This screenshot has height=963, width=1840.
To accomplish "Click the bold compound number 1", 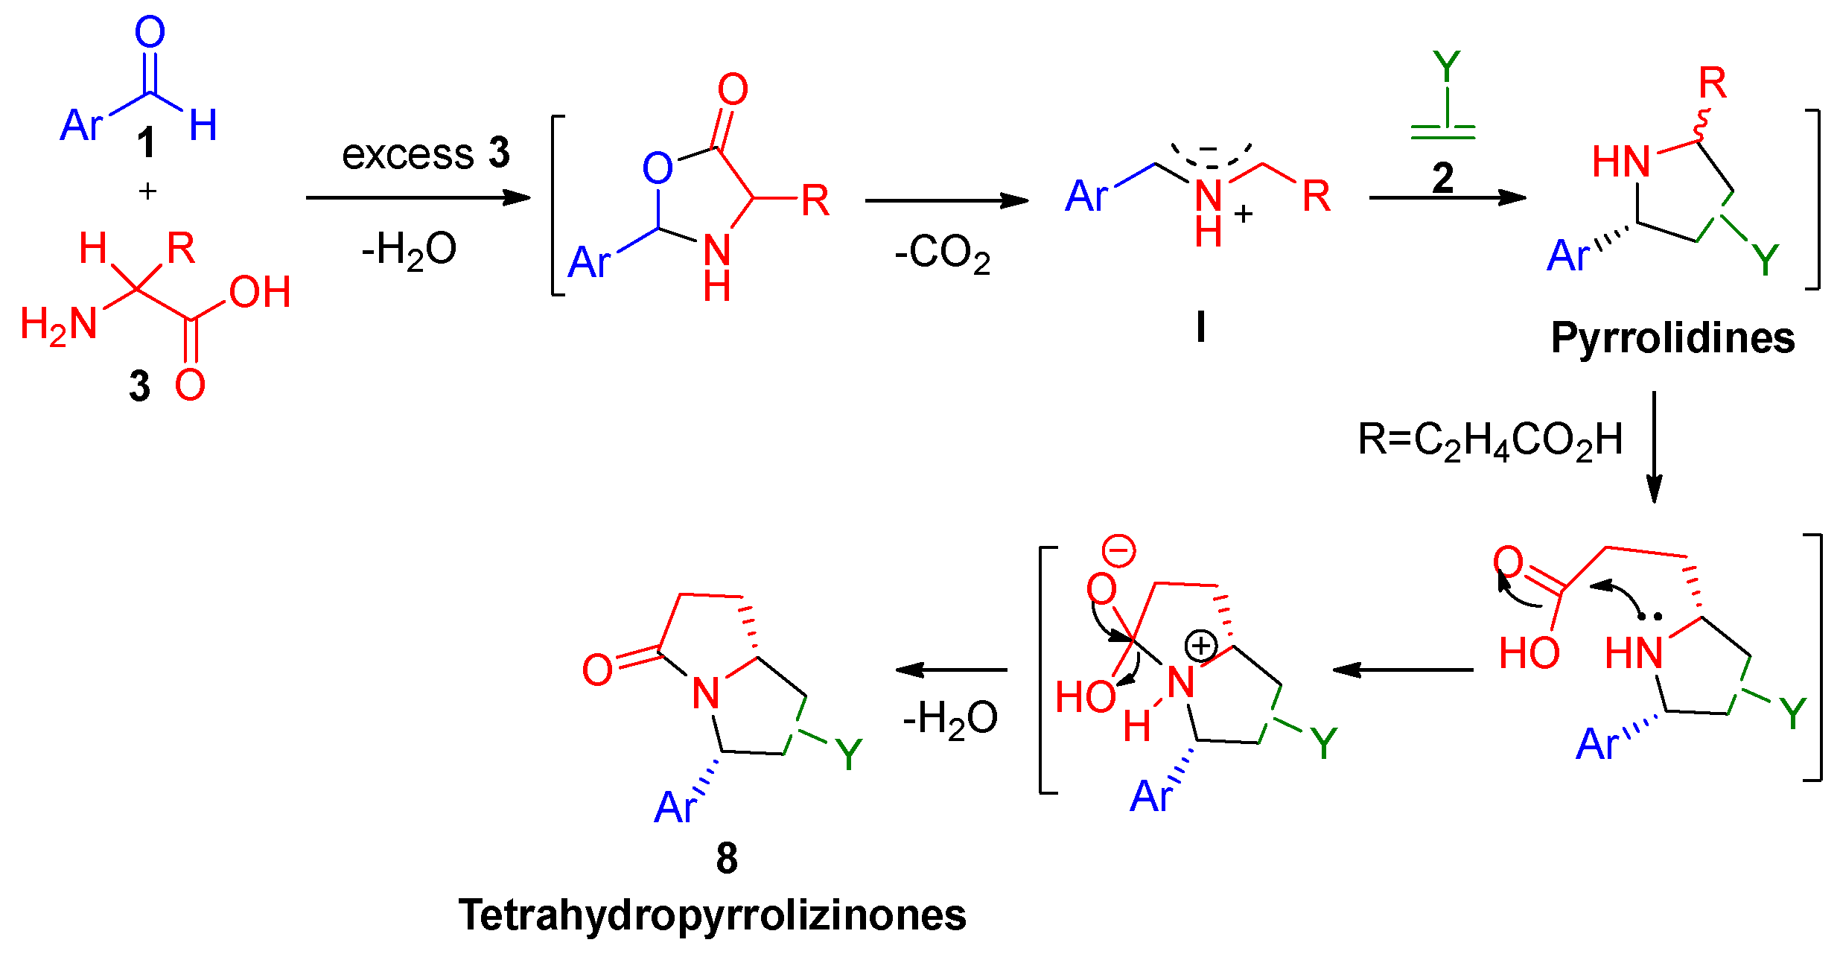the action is [147, 142].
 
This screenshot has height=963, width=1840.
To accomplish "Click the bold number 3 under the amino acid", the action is [139, 386].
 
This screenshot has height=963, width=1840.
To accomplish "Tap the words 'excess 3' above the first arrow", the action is [425, 153].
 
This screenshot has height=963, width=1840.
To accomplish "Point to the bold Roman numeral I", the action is [1200, 326].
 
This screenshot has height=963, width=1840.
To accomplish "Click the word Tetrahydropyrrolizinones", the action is [712, 915].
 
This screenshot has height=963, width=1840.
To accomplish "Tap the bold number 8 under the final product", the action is [727, 858].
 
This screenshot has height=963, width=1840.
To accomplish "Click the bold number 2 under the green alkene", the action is [1442, 178].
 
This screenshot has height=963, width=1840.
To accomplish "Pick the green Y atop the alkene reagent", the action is [1446, 67].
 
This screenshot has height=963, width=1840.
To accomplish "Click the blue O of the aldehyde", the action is [150, 33].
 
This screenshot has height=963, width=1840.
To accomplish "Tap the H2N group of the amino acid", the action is [59, 325].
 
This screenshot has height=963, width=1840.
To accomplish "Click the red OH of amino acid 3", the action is [259, 292].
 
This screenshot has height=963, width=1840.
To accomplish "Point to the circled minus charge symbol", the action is [1118, 551].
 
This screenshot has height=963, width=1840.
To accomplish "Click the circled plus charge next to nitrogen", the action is [1200, 646].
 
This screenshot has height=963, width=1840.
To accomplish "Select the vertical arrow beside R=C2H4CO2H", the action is [1653, 447].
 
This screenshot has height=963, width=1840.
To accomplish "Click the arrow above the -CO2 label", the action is [946, 200].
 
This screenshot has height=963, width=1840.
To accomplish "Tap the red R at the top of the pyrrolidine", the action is [1712, 83].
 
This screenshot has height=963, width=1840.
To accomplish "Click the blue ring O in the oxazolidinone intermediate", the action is [658, 168].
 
